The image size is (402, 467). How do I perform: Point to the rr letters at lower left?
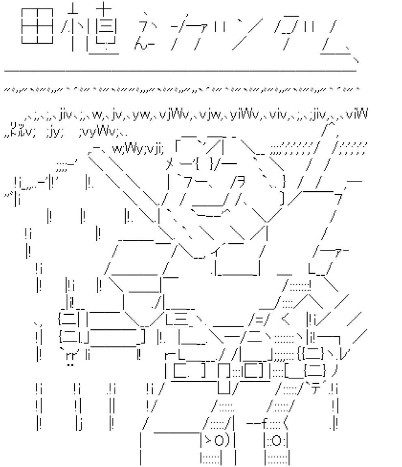click(x=70, y=357)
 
